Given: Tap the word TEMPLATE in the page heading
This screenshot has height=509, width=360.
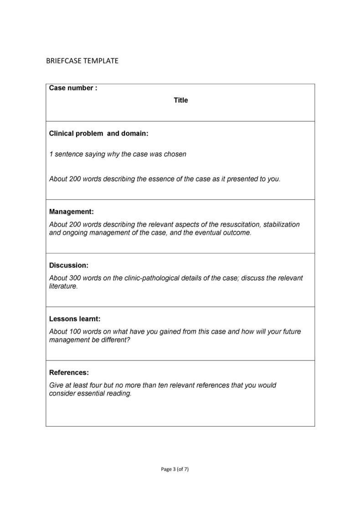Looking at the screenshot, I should tap(101, 61).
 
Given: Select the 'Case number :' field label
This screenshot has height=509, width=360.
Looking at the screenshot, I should tap(73, 88).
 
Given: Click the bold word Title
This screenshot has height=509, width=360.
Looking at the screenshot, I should tap(180, 100).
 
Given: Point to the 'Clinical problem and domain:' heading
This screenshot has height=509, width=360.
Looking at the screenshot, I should tap(98, 133).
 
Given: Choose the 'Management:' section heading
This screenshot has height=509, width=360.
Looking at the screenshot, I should tap(71, 212).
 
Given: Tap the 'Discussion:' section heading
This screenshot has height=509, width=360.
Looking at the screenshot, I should tap(68, 265).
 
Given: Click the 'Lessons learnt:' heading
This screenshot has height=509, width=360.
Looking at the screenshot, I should tap(75, 319).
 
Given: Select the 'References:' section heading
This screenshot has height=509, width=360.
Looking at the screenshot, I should tap(69, 372).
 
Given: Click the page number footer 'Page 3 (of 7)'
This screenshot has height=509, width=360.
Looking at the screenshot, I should tap(175, 469).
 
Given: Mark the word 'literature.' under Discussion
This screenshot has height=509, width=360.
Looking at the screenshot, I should tap(63, 286).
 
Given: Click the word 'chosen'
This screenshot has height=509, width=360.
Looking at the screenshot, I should tap(175, 154).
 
